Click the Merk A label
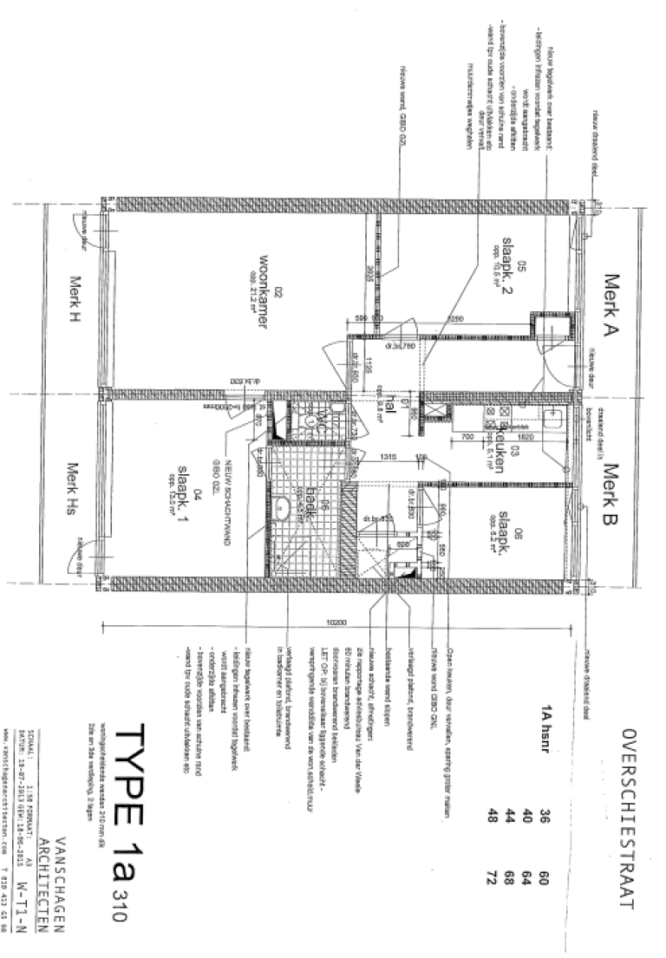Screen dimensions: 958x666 (x=614, y=310)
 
